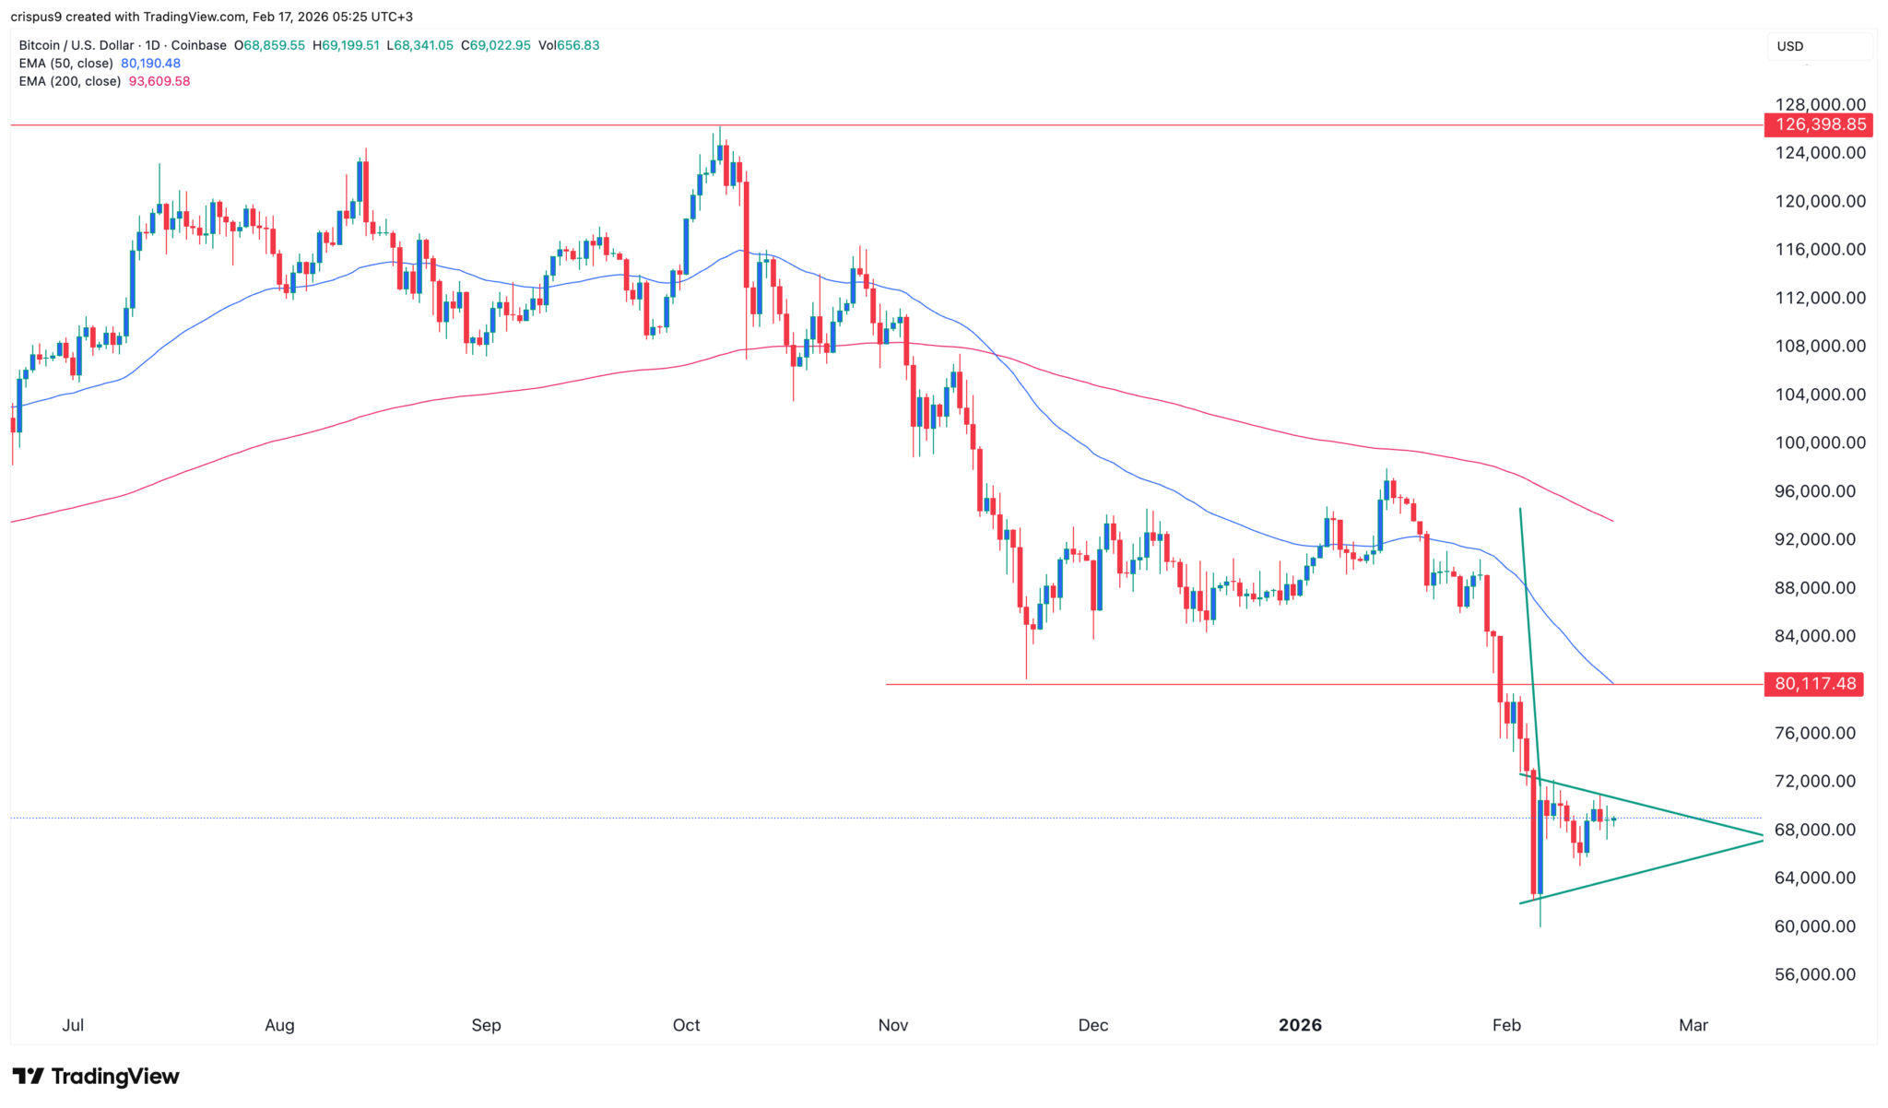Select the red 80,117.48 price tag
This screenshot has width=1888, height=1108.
pos(1813,684)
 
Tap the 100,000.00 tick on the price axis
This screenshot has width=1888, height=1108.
pos(1820,442)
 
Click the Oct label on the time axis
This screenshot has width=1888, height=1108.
pos(686,1025)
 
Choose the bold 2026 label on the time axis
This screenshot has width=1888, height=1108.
pos(1300,1025)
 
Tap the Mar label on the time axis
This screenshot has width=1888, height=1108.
pos(1693,1025)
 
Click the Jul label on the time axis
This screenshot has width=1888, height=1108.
pos(73,1025)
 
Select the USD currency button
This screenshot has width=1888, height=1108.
pos(1790,46)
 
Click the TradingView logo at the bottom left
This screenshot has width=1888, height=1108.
pos(96,1076)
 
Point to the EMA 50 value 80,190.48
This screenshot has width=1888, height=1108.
pos(150,64)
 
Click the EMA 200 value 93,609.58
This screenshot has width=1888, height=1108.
pos(159,81)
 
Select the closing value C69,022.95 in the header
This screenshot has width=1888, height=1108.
pos(496,45)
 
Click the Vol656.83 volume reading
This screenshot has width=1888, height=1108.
pos(569,45)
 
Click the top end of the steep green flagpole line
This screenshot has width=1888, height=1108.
pos(1520,509)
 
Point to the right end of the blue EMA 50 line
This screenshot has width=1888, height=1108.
pos(1613,683)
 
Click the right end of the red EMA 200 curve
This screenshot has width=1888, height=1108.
pos(1613,521)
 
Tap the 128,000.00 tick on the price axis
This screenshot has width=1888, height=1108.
pos(1820,104)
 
